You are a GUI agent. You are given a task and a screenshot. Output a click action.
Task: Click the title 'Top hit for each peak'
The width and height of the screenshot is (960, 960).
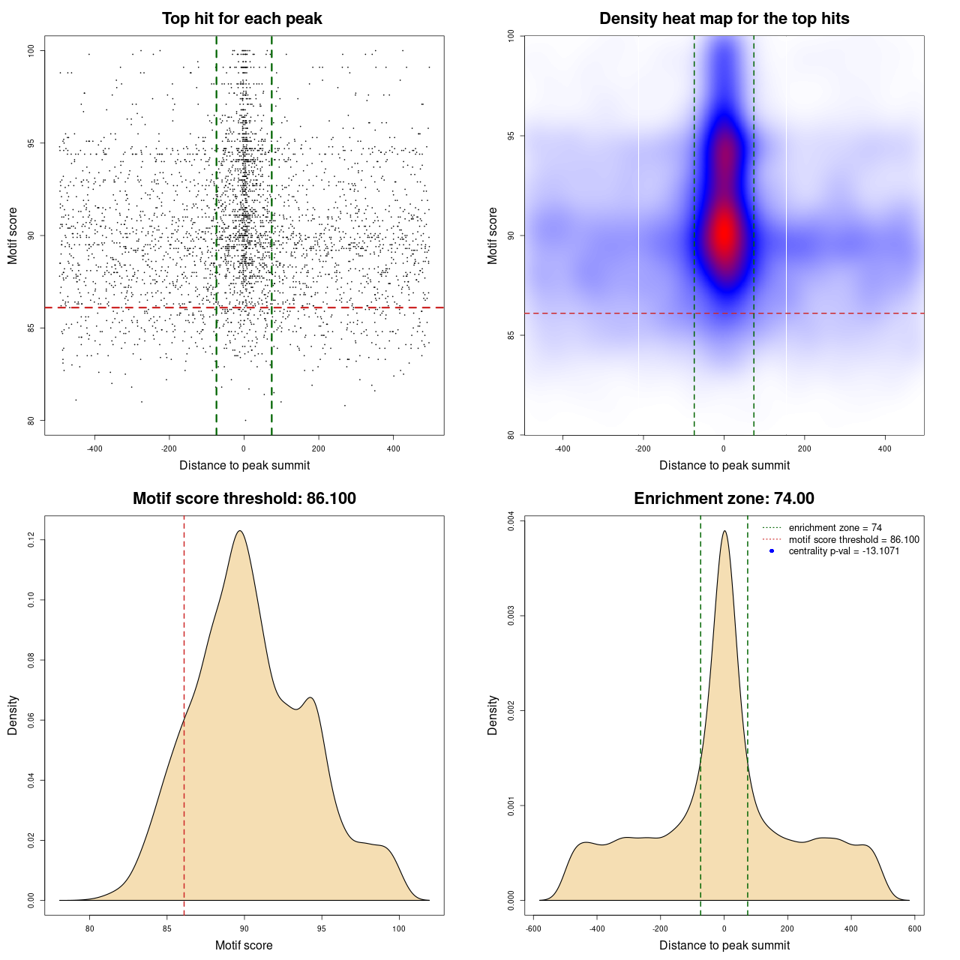pos(242,19)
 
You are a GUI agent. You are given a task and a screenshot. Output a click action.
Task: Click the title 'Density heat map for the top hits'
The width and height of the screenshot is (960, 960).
pos(724,19)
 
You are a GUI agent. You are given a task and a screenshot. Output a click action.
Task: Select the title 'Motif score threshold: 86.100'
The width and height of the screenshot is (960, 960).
pos(244,499)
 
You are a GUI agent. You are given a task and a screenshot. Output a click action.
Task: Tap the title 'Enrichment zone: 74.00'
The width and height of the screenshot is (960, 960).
pos(724,499)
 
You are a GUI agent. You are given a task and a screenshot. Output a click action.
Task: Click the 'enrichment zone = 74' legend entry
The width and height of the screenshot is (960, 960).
pos(835,528)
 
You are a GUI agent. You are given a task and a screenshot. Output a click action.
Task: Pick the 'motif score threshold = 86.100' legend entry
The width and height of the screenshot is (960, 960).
pos(853,540)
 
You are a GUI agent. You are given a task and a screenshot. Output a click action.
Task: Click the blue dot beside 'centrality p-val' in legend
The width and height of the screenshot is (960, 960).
pos(772,551)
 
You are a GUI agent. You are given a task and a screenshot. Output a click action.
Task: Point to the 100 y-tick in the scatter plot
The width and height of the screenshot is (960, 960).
pos(31,50)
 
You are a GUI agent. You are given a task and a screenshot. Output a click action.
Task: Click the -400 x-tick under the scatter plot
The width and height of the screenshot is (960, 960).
pos(94,449)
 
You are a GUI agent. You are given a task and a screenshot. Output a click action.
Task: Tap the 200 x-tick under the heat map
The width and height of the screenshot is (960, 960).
pos(805,449)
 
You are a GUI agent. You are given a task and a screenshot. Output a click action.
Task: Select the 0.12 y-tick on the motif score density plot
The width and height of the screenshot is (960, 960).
pos(31,540)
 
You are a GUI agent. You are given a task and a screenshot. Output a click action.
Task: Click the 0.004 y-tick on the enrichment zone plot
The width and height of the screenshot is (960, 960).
pos(511,521)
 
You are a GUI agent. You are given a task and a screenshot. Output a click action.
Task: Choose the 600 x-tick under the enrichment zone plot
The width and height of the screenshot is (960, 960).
pos(914,928)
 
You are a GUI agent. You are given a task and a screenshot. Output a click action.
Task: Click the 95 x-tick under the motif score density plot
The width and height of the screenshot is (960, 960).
pos(321,928)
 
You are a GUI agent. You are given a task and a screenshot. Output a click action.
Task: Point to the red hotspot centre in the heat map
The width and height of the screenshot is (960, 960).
pos(724,233)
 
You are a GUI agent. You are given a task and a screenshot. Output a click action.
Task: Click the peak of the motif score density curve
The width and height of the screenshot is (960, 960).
pos(240,531)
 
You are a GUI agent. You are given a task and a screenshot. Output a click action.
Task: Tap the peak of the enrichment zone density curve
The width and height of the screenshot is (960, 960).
pos(724,531)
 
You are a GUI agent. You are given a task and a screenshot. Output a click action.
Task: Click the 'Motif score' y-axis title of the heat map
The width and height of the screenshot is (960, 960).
pos(493,235)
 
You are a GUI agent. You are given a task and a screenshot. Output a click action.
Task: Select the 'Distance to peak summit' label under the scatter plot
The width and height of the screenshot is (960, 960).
pos(244,466)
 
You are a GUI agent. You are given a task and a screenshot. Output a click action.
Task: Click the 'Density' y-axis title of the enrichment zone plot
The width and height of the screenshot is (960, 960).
pos(493,715)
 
